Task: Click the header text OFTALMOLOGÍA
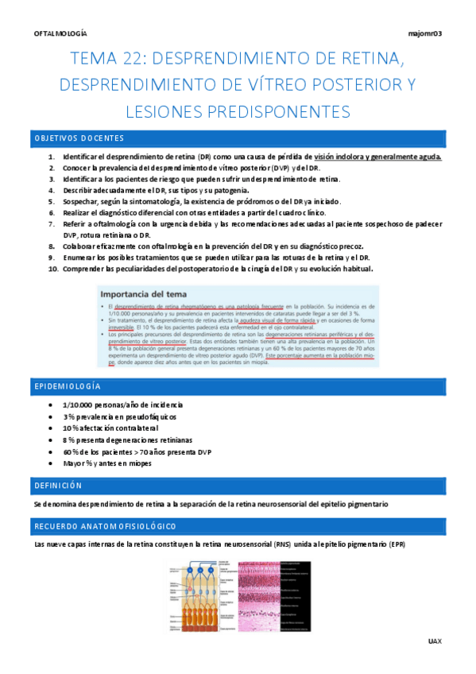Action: [x=61, y=34]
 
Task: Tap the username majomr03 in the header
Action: [x=424, y=34]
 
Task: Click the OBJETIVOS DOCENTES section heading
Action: [x=79, y=138]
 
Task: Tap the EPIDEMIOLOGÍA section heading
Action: [x=68, y=385]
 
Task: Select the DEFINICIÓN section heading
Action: [x=59, y=485]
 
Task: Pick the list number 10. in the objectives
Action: [x=54, y=269]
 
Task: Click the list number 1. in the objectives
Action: [x=52, y=157]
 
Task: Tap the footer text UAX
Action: [x=434, y=641]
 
